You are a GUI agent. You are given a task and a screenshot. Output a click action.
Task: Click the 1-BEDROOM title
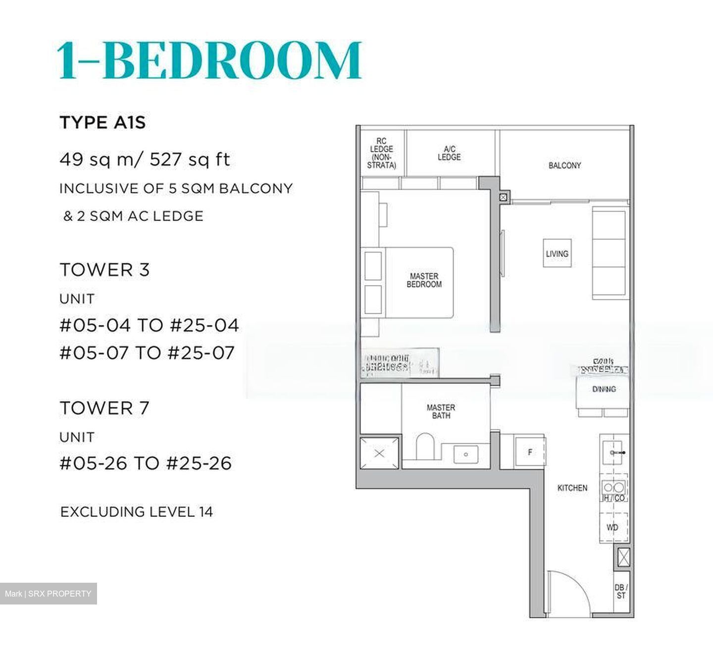pos(210,60)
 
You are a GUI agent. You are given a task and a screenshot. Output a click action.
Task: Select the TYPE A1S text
pos(102,122)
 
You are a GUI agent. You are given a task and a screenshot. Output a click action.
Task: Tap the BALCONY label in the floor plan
pos(564,165)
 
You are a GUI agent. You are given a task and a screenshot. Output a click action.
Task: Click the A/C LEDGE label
pos(449,153)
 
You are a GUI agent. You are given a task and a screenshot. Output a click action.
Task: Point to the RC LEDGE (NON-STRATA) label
pos(381,153)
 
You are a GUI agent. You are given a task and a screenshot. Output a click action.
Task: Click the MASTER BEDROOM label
pos(424,280)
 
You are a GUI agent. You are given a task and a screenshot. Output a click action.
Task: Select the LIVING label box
pos(557,253)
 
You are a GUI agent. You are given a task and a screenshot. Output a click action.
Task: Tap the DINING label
pos(604,389)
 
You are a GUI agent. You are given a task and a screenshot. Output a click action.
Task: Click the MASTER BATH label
pos(441,411)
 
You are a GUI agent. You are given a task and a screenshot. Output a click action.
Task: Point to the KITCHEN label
pos(572,488)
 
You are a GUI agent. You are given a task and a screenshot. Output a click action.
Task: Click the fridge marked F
pos(530,452)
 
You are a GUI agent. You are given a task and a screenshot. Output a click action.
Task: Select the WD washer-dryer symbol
pos(613,527)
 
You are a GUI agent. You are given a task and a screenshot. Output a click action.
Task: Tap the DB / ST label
pos(621,591)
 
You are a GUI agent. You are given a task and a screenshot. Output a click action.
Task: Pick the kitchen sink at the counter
pos(613,452)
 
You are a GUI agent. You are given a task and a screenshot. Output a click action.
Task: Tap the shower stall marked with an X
pos(379,453)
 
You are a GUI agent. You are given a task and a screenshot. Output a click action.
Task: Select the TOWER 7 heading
pos(104,408)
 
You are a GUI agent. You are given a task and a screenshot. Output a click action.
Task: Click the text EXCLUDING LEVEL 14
pos(137,511)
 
